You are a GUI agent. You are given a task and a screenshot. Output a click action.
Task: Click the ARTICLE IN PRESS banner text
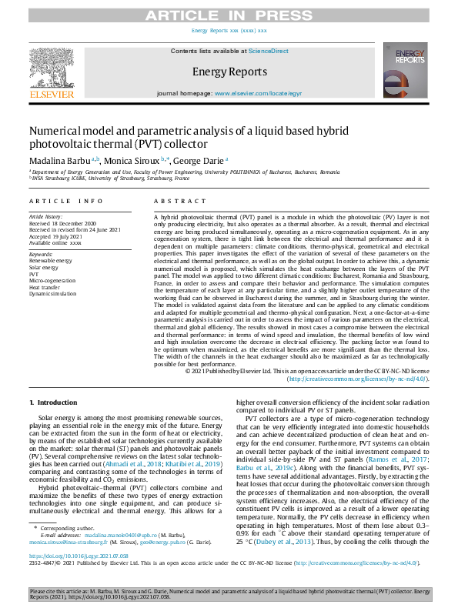229,12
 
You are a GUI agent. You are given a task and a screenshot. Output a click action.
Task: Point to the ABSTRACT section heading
170,201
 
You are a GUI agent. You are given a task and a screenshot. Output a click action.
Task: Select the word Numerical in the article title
59,131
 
